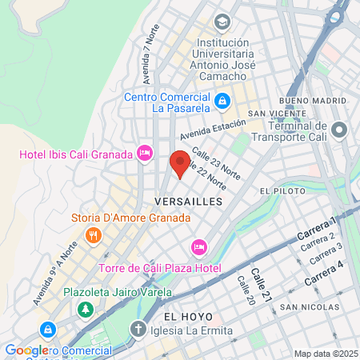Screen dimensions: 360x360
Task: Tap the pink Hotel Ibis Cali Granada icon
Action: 145,152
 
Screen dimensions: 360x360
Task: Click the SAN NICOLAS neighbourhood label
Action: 305,306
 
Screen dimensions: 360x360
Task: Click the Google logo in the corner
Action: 25,350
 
